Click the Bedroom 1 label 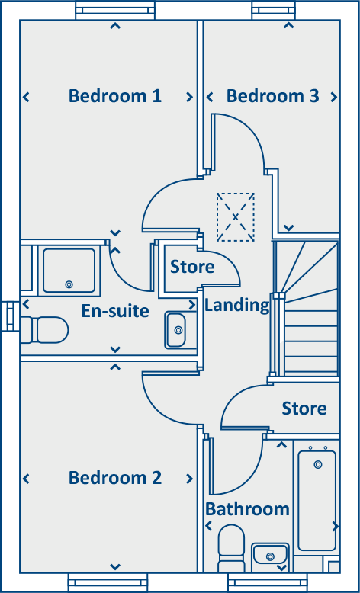114,96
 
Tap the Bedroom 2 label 114,478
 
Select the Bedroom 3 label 272,96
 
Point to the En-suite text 115,311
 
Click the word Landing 237,306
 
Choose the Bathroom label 247,508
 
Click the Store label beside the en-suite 192,267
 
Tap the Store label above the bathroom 304,409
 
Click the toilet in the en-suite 45,330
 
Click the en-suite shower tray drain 69,284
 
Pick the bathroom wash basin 269,556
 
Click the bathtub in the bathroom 317,499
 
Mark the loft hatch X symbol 235,217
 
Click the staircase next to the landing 310,309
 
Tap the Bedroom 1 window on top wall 114,10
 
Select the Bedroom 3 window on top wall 272,10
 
